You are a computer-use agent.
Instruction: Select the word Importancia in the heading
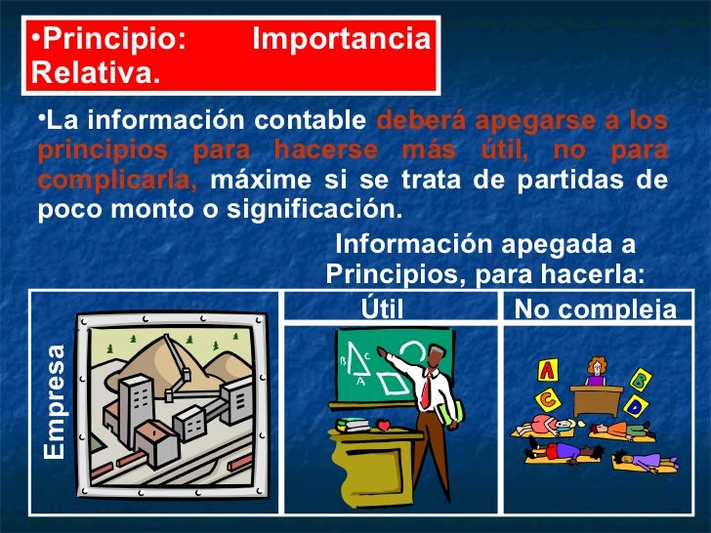tap(341, 40)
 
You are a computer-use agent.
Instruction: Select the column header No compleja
tap(595, 310)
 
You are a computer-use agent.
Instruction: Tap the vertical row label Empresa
tap(56, 404)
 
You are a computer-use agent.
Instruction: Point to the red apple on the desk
tap(384, 425)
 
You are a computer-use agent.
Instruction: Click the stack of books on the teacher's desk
tap(352, 424)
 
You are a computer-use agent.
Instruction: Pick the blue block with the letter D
tap(636, 405)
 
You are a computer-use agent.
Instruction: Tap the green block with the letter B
tap(642, 379)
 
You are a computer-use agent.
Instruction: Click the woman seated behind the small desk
tap(594, 370)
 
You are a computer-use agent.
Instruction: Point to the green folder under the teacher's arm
tap(451, 412)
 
